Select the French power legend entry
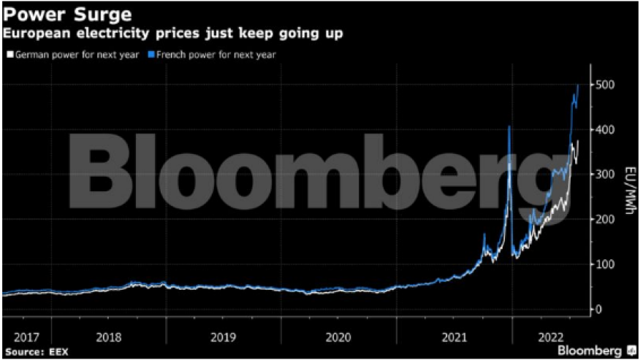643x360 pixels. tap(211, 54)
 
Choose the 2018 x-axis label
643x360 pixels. tap(109, 337)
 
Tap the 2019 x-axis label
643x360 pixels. tap(224, 337)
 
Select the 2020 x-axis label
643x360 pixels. tap(339, 337)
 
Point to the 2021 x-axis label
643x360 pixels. tap(454, 337)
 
